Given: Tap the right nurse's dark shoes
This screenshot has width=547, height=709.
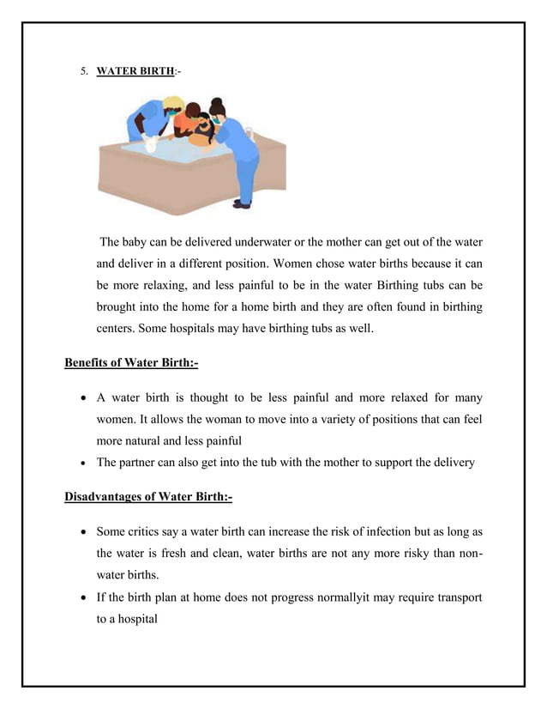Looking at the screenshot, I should click(242, 204).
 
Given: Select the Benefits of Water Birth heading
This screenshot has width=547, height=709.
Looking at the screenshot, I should click(131, 363).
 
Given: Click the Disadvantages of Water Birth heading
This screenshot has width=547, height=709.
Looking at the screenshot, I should click(147, 497).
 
